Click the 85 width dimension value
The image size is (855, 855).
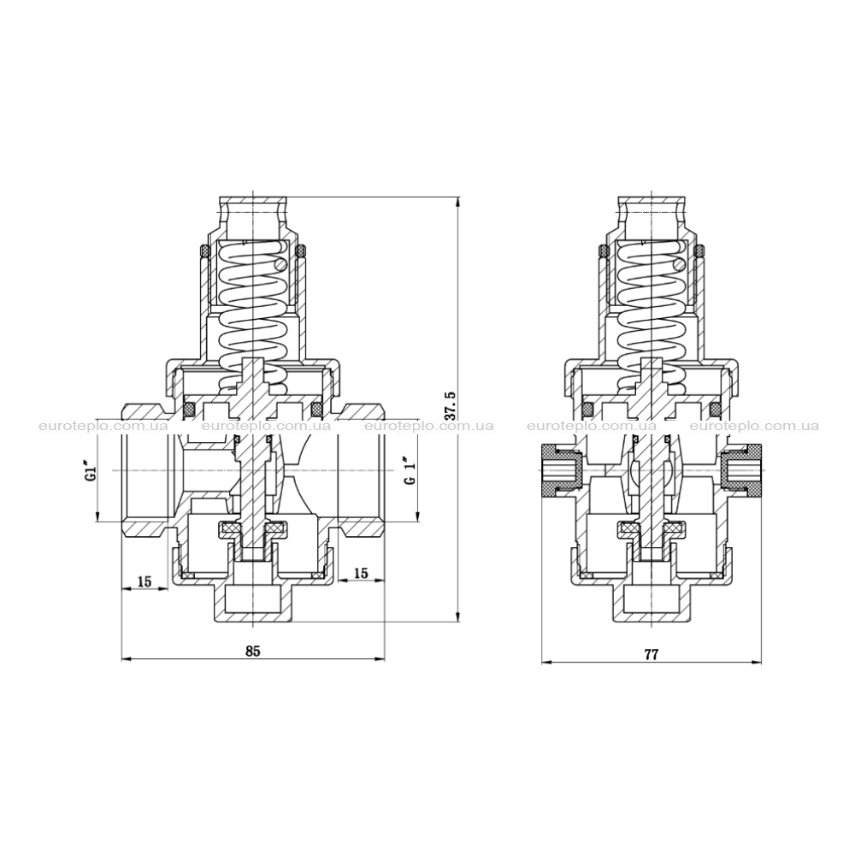[253, 651]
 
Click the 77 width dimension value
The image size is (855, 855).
[652, 654]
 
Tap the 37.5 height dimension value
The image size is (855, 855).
[450, 405]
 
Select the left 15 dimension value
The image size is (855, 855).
[144, 581]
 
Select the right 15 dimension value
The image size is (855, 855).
[361, 573]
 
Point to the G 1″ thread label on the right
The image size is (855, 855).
[411, 470]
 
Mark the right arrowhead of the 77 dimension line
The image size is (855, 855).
[758, 663]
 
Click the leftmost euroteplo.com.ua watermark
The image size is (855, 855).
[103, 426]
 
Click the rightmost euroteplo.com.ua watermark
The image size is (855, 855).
[754, 426]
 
